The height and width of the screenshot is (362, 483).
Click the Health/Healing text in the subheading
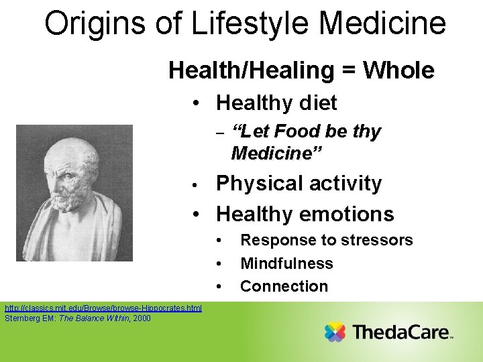(x=252, y=70)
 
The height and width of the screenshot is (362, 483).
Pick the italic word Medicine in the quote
(x=276, y=154)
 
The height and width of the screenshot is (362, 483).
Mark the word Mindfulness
(x=286, y=263)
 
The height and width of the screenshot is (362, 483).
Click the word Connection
(x=284, y=286)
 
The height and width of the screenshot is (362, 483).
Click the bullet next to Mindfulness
(x=219, y=263)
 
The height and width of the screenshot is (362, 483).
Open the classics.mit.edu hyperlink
(x=103, y=308)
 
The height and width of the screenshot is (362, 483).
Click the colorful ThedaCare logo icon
(x=335, y=332)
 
